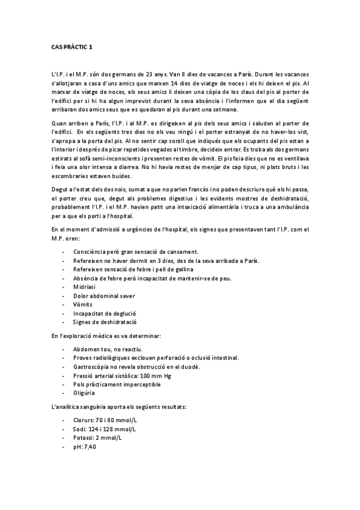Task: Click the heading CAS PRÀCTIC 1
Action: click(72, 46)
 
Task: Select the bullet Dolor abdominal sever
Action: click(104, 295)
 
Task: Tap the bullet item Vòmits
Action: click(82, 304)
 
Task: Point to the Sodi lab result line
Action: click(104, 429)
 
